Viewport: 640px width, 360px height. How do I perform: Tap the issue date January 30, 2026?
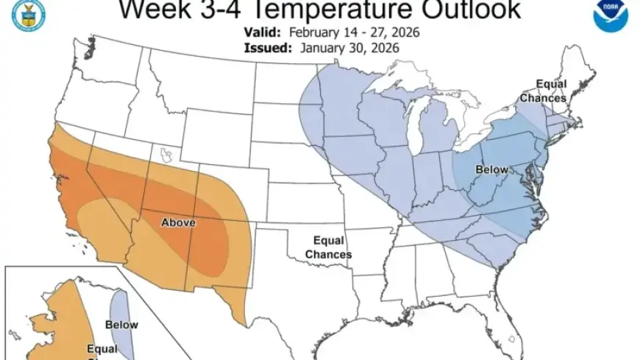(349, 48)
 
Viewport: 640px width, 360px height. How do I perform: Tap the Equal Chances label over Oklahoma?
(328, 247)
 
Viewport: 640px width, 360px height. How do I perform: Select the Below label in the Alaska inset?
(121, 325)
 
